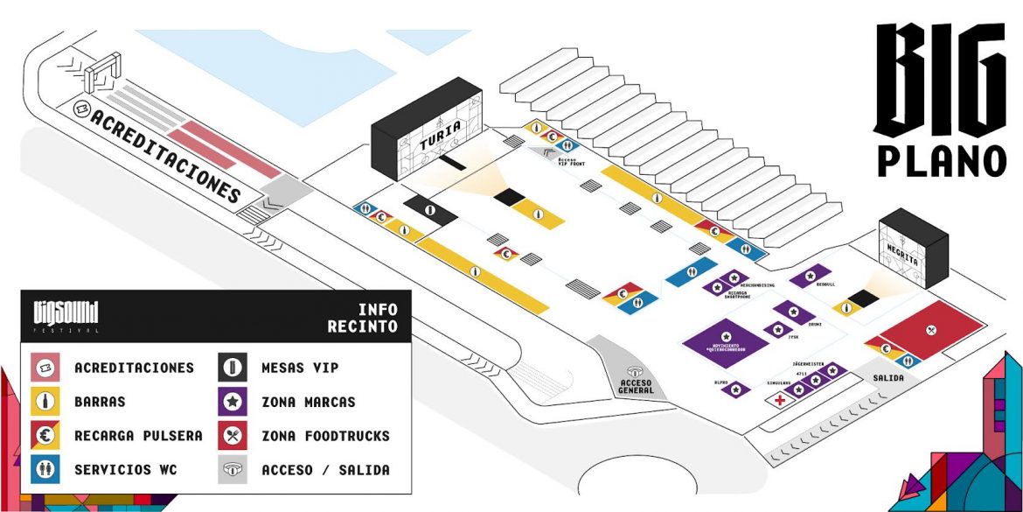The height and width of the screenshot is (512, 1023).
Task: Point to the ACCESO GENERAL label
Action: pos(636,385)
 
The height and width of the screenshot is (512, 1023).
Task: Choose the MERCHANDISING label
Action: pos(759,285)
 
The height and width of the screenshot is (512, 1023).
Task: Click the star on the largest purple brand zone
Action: pos(726,336)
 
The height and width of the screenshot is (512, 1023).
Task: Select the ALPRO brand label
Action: pos(721,382)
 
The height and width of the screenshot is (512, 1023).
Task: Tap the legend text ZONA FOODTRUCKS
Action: pos(325,436)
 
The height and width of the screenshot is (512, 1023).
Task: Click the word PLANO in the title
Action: pos(943,160)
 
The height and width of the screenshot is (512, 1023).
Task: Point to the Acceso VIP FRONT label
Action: pos(567,162)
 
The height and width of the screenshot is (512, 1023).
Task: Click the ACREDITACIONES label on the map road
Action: pos(164,156)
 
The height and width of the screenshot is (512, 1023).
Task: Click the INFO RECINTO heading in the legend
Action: pos(363,318)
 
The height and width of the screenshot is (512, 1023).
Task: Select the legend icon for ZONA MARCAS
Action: pos(231,402)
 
